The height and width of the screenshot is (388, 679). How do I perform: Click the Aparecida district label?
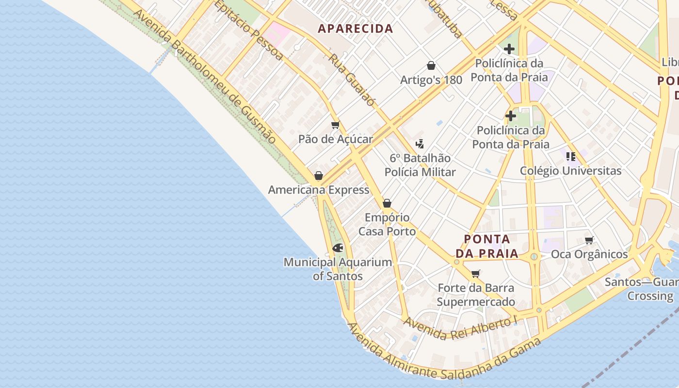click(355, 29)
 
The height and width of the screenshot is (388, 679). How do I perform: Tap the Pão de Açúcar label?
click(335, 139)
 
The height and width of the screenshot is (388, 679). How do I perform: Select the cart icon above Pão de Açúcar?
click(335, 125)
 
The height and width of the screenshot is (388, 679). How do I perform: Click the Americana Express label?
click(319, 190)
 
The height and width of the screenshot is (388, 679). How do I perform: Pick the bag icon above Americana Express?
click(319, 176)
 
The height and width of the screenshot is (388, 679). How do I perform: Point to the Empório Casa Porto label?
click(387, 224)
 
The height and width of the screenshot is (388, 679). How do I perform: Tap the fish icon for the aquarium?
click(338, 248)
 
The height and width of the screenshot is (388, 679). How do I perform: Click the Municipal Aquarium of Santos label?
click(338, 269)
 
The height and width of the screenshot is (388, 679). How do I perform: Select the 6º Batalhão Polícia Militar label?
click(420, 165)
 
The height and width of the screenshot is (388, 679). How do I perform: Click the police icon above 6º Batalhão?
click(420, 144)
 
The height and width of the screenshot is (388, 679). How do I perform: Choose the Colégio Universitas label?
click(570, 171)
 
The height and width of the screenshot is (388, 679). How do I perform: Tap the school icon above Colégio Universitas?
click(571, 156)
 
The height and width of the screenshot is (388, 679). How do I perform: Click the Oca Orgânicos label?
click(589, 254)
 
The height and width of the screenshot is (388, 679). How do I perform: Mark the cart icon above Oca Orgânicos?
click(589, 240)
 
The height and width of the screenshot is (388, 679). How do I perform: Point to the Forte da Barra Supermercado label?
click(475, 295)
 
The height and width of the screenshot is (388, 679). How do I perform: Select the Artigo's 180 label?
click(431, 80)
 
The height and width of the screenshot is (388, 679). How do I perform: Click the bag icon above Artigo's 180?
click(431, 65)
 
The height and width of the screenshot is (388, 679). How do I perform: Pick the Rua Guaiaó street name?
click(353, 80)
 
